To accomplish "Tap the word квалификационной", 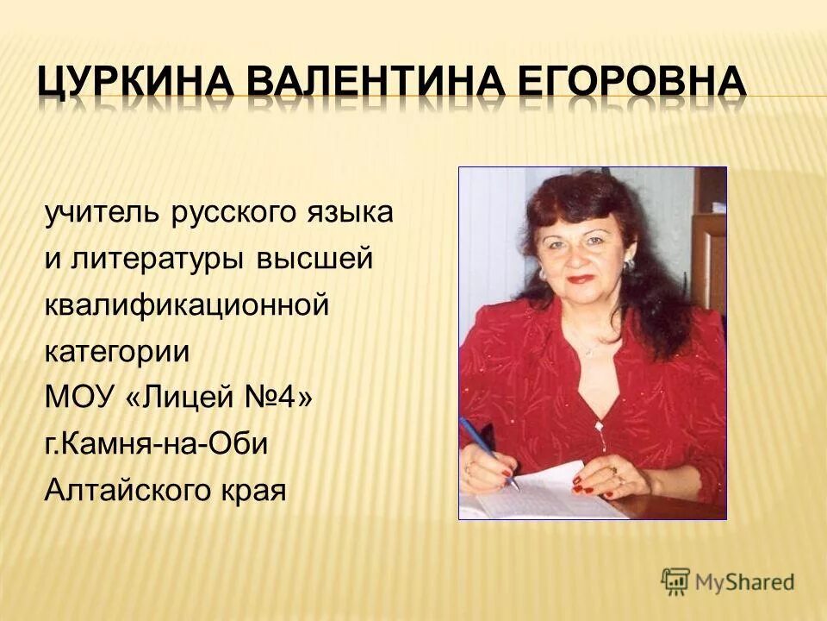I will coord(187,306).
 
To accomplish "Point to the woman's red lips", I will coord(581,279).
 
